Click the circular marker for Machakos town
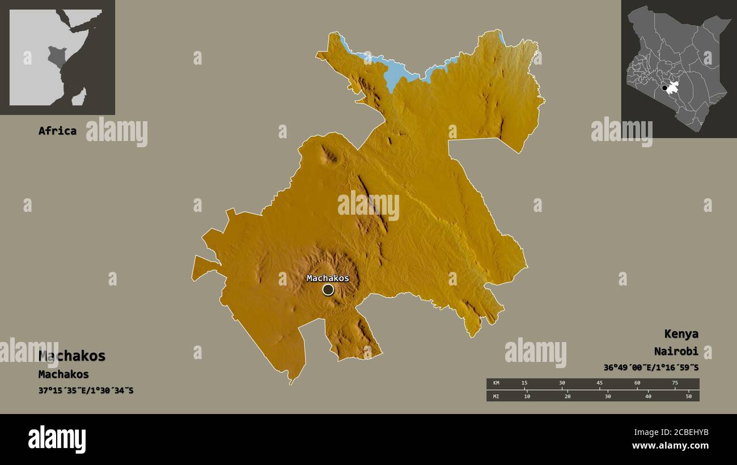(328, 290)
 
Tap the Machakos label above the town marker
(328, 278)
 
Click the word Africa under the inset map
(57, 131)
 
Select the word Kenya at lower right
(681, 334)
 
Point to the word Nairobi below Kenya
(676, 351)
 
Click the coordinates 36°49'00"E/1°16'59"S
(651, 368)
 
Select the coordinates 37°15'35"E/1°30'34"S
(86, 391)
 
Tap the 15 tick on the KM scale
(525, 383)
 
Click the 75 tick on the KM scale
(675, 383)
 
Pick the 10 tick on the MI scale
(527, 396)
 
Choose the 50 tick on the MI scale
(689, 396)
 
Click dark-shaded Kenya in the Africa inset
(56, 56)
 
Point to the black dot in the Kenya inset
(664, 88)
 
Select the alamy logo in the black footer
(57, 440)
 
